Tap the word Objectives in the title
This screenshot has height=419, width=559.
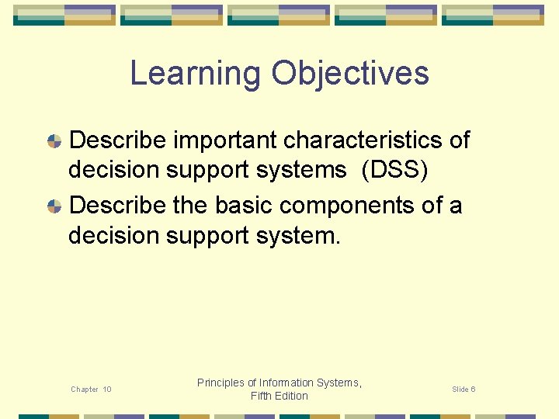[x=350, y=74]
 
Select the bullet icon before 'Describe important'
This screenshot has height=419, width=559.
[x=54, y=141]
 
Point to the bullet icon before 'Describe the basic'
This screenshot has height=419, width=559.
[x=54, y=206]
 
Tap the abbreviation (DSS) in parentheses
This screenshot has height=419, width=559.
[x=394, y=170]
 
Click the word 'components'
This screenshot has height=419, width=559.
[x=346, y=206]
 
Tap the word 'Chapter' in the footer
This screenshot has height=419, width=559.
[x=84, y=390]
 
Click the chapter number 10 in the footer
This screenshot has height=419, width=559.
[x=107, y=390]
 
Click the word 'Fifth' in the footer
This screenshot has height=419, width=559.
[x=261, y=396]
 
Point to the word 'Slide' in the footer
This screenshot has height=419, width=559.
[x=460, y=390]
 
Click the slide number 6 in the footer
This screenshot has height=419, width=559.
[x=474, y=390]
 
